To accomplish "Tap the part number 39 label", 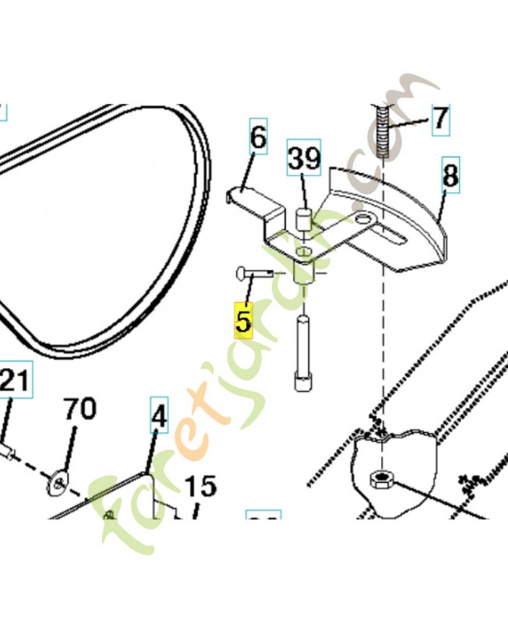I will [x=304, y=159].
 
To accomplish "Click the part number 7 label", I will [x=440, y=119].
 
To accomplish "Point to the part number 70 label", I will [x=79, y=409].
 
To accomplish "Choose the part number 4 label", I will [x=159, y=418].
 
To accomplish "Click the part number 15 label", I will [x=199, y=487].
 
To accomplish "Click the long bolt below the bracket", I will [x=303, y=351].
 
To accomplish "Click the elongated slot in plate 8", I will [x=397, y=232].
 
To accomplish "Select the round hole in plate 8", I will [x=363, y=219].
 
